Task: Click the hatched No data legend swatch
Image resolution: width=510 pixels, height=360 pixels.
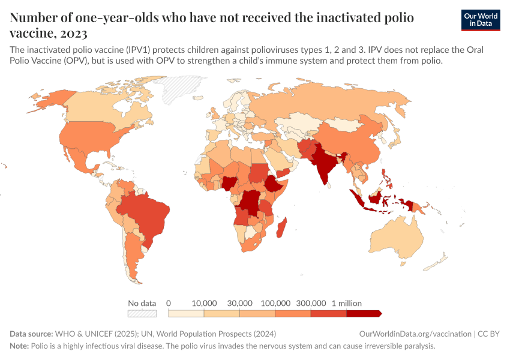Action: click(x=142, y=313)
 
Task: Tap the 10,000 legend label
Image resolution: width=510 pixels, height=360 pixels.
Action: click(x=204, y=304)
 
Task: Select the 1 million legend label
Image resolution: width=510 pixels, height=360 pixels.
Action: click(x=346, y=304)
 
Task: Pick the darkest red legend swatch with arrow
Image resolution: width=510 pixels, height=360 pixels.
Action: click(x=364, y=313)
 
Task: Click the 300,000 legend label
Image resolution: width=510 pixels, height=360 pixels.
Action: click(x=311, y=304)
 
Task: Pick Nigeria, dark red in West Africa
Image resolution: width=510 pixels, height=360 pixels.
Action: click(x=230, y=184)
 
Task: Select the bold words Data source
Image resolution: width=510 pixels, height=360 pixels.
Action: click(x=31, y=334)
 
